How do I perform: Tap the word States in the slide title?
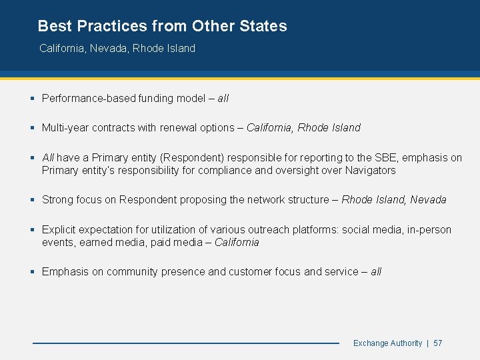[261, 27]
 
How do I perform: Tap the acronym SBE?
[370, 158]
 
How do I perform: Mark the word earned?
[96, 243]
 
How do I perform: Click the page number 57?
[438, 343]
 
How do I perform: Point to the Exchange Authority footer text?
[387, 343]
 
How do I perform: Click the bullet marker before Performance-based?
[33, 99]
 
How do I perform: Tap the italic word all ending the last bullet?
[376, 272]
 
